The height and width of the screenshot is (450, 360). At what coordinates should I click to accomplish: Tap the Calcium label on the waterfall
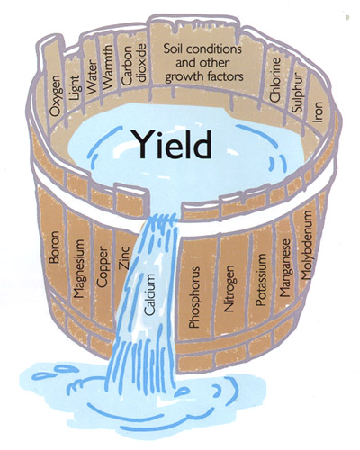pos(150,294)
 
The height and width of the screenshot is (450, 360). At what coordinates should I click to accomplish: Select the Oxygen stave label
pos(56,95)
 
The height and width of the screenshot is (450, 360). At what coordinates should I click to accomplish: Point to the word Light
pos(74,88)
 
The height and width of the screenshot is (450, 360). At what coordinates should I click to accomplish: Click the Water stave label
pos(92,77)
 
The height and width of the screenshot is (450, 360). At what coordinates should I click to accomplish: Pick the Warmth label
pos(107,67)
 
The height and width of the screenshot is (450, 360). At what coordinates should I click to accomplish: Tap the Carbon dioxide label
pos(134,64)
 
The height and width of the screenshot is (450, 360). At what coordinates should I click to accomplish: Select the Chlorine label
pos(274,79)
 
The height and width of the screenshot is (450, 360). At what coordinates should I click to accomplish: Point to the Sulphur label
pos(298,93)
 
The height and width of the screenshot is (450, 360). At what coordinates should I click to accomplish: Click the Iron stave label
pos(318,112)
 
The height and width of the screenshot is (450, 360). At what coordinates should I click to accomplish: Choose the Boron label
pos(54,247)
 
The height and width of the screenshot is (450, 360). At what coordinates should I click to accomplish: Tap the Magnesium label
pos(79,268)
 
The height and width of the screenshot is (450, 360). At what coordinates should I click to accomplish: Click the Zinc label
pos(124,257)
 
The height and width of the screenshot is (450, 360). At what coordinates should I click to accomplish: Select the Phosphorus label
pos(194,297)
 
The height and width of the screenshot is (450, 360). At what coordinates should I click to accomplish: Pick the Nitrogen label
pos(229,288)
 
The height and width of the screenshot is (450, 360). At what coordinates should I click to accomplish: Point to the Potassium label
pos(261,280)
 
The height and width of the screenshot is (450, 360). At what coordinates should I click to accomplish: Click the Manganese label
pos(285,267)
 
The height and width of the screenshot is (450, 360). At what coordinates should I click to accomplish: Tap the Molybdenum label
pos(307,245)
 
